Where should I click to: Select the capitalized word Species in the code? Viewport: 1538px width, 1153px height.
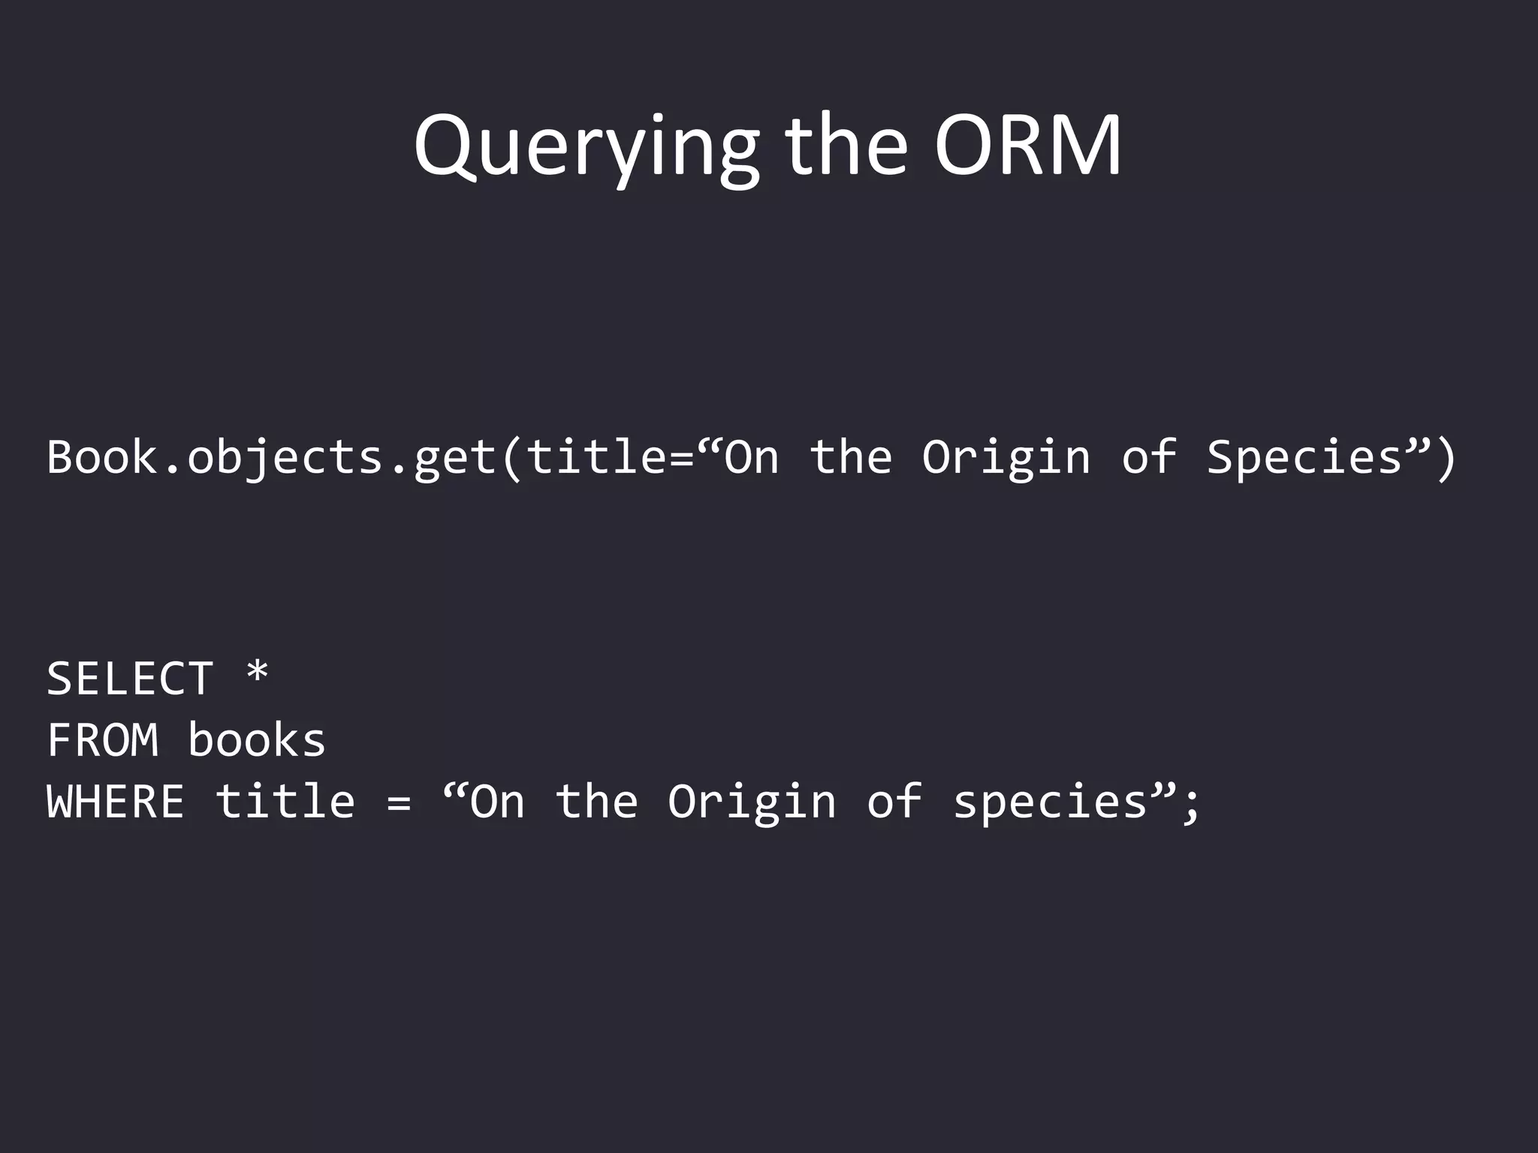1305,458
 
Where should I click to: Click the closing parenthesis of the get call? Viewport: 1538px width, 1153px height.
1446,458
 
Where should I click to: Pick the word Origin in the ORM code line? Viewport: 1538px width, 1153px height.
1006,458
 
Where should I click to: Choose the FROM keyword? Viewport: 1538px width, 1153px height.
103,740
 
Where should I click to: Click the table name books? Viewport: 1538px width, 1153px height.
257,740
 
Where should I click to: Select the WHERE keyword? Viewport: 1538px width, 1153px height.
116,802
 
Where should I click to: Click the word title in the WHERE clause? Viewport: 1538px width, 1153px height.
285,802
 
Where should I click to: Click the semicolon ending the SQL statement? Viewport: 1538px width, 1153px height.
1191,806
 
